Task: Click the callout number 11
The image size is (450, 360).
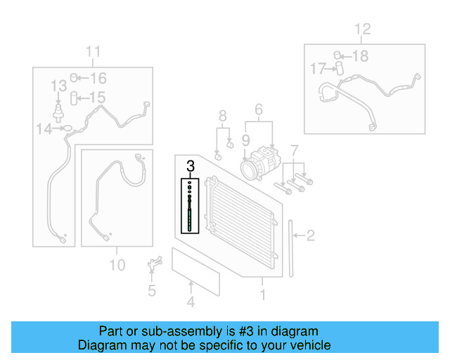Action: pyautogui.click(x=94, y=51)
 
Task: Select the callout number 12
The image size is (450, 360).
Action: pyautogui.click(x=361, y=30)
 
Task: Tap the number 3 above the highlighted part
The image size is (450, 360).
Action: pyautogui.click(x=190, y=167)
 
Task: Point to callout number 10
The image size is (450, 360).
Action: pyautogui.click(x=117, y=264)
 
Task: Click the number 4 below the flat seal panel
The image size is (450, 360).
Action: pyautogui.click(x=190, y=303)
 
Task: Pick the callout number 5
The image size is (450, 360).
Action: pyautogui.click(x=151, y=290)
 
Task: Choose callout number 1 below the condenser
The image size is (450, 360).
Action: pyautogui.click(x=262, y=295)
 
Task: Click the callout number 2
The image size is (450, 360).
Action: pyautogui.click(x=310, y=236)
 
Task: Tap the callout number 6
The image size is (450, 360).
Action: pyautogui.click(x=258, y=110)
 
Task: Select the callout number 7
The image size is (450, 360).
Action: pyautogui.click(x=295, y=150)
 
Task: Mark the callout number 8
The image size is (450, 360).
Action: pyautogui.click(x=222, y=116)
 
